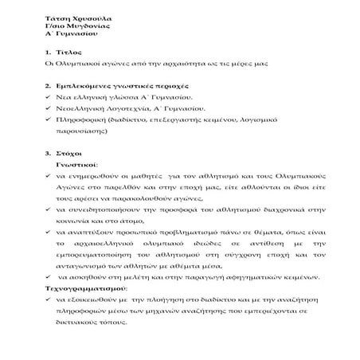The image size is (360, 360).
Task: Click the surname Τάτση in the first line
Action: point(57,15)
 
